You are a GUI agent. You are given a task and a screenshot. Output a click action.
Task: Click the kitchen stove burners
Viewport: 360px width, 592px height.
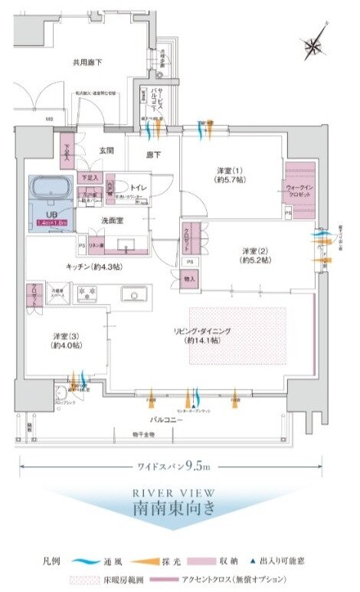pyautogui.click(x=86, y=292)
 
